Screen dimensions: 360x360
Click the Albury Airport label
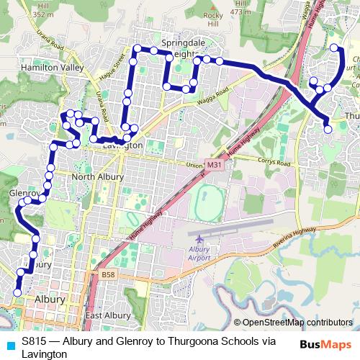click(x=199, y=253)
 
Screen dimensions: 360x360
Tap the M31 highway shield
click(x=213, y=166)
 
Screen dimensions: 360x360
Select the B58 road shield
click(x=108, y=274)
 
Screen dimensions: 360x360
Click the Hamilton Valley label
click(x=42, y=66)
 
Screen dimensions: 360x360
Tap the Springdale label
click(x=183, y=42)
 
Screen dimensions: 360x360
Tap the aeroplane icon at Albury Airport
click(x=199, y=239)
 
